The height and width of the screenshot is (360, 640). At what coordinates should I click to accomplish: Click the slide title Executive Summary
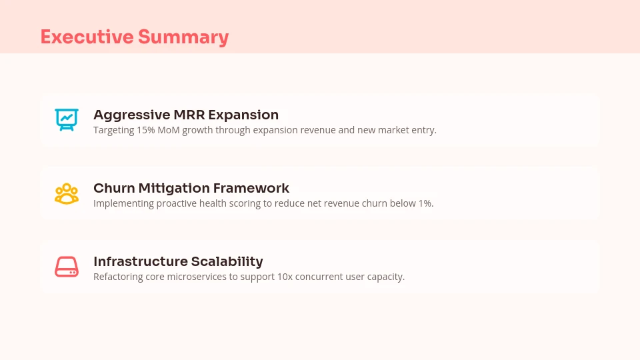tap(134, 37)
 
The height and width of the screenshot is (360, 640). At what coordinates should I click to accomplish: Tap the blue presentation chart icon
tap(67, 119)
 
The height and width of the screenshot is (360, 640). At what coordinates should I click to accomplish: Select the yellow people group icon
tap(67, 193)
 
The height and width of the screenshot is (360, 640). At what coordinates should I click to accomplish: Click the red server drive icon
tap(67, 267)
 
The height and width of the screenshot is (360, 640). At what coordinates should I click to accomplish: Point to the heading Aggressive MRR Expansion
tap(185, 115)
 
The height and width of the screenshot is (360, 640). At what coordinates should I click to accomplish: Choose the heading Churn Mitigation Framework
tap(191, 188)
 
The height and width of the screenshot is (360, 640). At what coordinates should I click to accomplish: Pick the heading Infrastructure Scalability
tap(178, 261)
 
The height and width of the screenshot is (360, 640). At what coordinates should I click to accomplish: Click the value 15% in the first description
tap(145, 130)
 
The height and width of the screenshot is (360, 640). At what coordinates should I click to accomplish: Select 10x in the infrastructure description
tap(284, 277)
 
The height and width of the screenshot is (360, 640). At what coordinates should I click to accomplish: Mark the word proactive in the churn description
tap(177, 203)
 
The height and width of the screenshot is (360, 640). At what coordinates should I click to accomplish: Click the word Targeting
tap(113, 130)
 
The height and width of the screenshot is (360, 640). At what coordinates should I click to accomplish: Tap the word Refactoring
tap(117, 277)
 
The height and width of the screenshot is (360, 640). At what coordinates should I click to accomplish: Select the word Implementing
tap(123, 203)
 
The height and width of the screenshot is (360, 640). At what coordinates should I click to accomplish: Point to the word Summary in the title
tap(183, 37)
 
